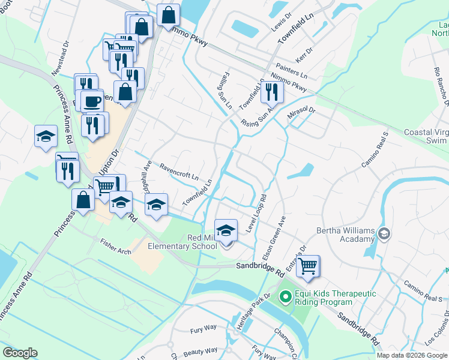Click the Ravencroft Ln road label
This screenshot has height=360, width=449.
[x=178, y=171]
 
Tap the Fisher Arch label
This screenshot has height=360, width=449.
[x=116, y=248]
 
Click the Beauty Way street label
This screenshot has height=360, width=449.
[x=201, y=351]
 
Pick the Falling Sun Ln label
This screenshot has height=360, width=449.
[x=225, y=90]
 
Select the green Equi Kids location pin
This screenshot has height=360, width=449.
[x=286, y=296]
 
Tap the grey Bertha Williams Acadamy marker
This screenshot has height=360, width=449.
[x=385, y=233]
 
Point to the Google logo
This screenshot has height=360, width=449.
[x=20, y=353]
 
